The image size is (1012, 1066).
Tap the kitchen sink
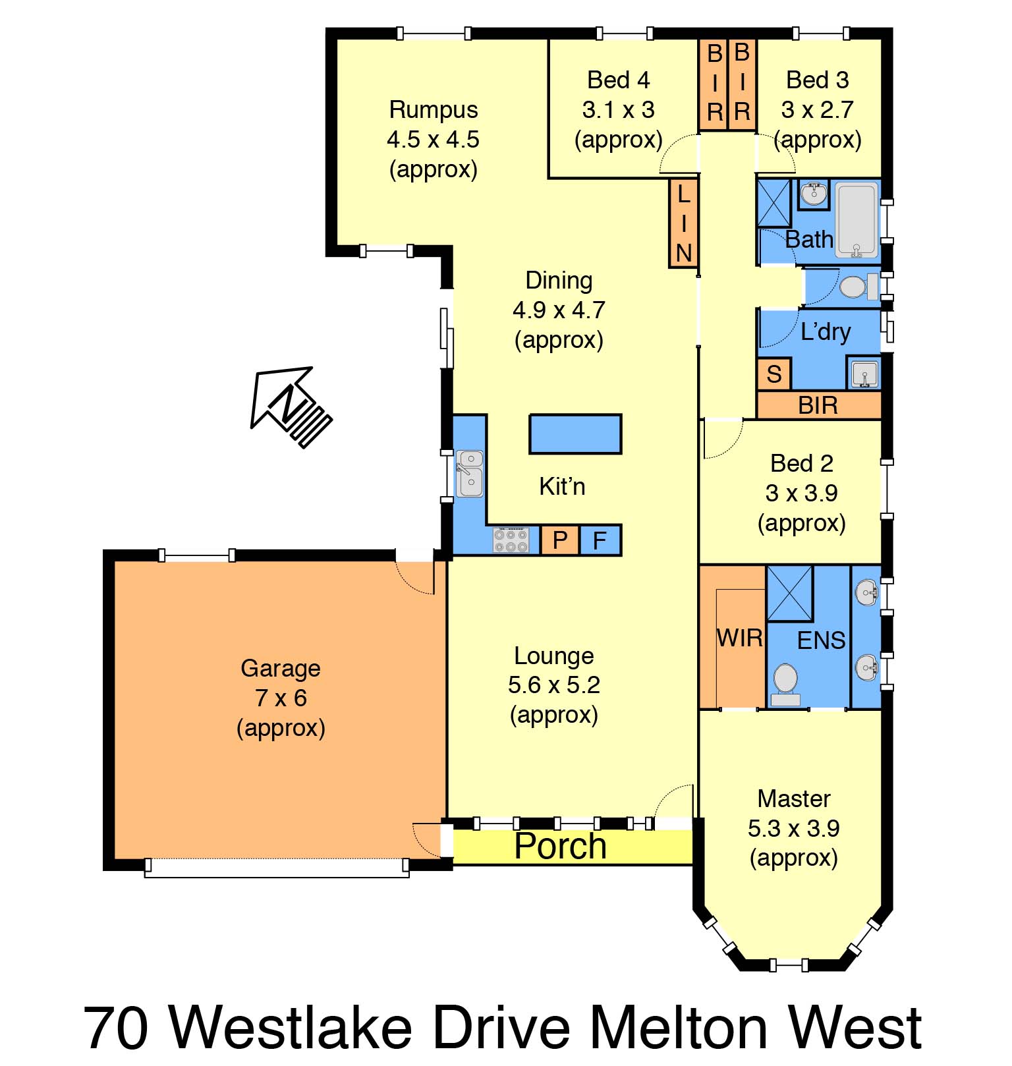(470, 473)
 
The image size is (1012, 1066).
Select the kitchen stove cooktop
(511, 540)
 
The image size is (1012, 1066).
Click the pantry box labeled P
(560, 540)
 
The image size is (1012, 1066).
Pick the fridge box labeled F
(600, 540)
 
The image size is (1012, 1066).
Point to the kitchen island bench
(576, 434)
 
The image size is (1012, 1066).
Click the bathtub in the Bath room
(857, 220)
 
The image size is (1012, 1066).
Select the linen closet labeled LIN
(683, 223)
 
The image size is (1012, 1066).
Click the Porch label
(560, 846)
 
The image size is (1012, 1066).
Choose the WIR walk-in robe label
(740, 638)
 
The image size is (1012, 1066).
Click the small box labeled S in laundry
(774, 374)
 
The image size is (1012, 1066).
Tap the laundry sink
(864, 374)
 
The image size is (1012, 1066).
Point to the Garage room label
(281, 668)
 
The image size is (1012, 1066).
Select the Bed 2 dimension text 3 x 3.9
(802, 493)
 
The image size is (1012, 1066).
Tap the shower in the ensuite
(790, 593)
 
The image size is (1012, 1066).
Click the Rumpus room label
(434, 109)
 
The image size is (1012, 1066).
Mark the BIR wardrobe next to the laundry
(819, 405)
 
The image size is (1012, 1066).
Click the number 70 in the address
(116, 1028)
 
